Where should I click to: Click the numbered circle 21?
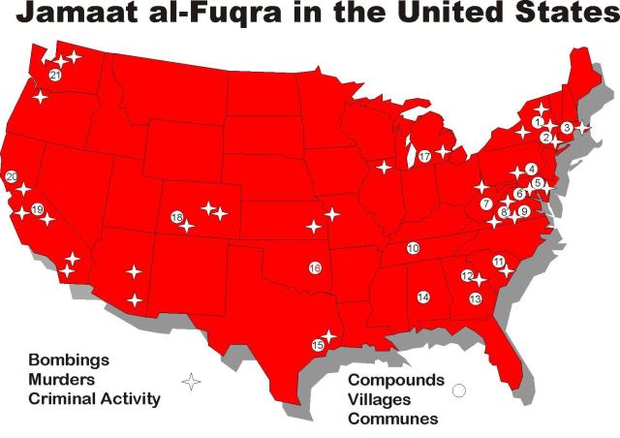click(55, 75)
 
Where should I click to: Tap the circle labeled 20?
click(12, 176)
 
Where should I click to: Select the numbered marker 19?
click(38, 209)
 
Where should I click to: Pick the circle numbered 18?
click(176, 217)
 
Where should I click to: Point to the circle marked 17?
click(424, 156)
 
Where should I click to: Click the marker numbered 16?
click(315, 267)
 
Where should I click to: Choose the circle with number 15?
click(317, 345)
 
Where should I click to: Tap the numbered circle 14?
click(423, 297)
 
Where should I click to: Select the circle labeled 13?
click(475, 299)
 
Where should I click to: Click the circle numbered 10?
click(413, 248)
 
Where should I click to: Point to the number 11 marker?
click(498, 262)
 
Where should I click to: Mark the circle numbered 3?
click(567, 128)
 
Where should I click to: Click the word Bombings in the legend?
click(69, 360)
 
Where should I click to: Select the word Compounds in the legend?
click(395, 380)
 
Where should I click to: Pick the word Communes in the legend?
click(392, 419)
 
